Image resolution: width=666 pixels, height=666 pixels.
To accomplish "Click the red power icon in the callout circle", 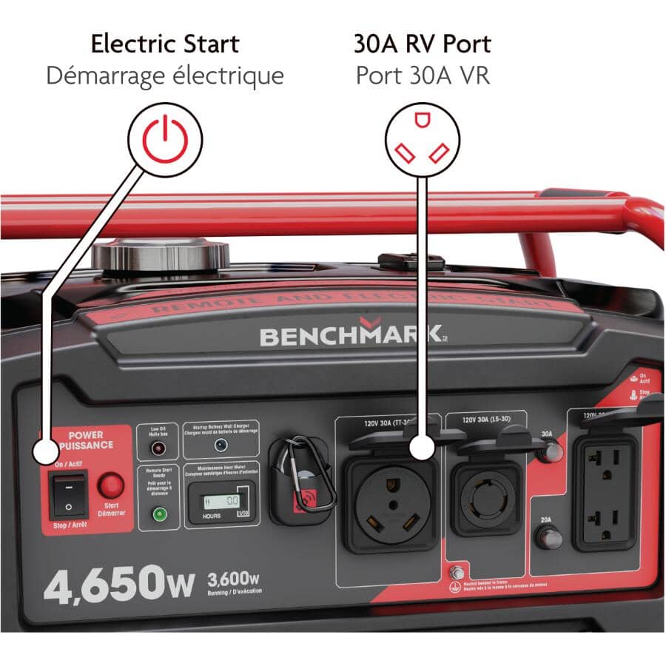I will coord(165,138).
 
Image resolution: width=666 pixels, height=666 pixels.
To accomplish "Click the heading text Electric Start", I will coord(165,44).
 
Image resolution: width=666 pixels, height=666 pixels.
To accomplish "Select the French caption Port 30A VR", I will coord(423,75).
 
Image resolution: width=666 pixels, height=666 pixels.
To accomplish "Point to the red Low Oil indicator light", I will coord(157,448).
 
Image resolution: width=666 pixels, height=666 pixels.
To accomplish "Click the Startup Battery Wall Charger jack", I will coord(220,445).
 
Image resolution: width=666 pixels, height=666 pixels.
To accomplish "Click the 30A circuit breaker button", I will coord(548,452).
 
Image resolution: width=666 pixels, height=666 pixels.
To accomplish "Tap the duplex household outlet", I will coord(606,492).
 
